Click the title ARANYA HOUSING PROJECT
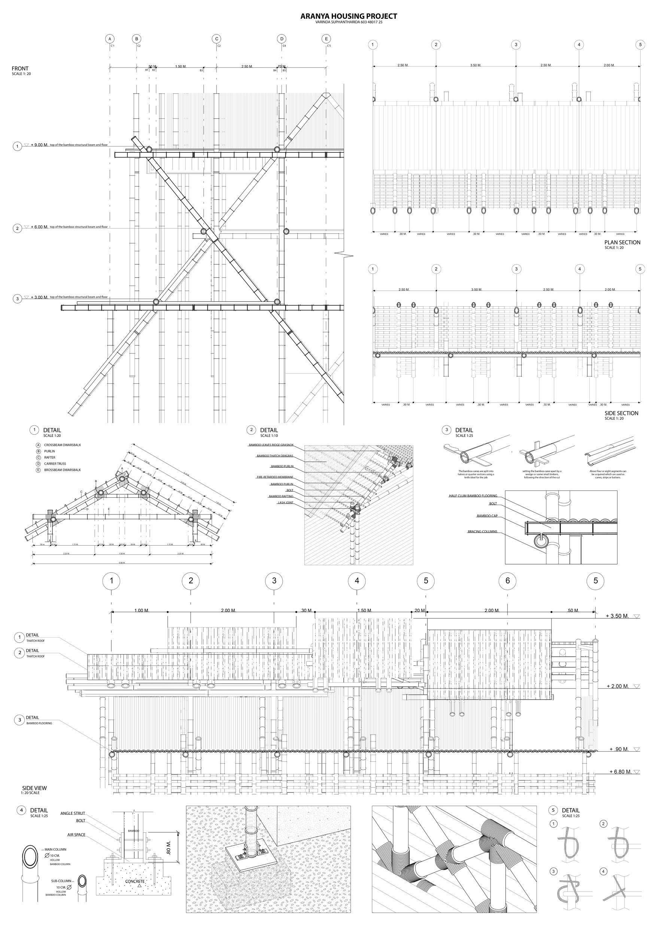click(349, 16)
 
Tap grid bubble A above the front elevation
click(110, 39)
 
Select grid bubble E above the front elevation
click(326, 39)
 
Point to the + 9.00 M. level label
click(39, 145)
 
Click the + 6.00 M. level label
click(39, 227)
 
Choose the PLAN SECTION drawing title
click(622, 242)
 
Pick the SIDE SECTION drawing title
click(621, 413)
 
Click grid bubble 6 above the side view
click(507, 581)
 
